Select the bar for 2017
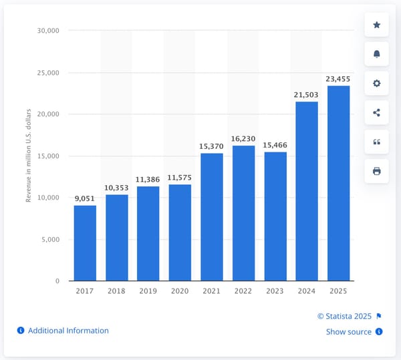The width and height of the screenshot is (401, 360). [85, 243]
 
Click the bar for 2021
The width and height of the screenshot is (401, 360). [212, 217]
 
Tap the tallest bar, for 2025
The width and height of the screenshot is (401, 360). [338, 184]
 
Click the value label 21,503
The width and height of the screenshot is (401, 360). [306, 95]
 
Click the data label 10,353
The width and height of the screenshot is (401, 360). [116, 188]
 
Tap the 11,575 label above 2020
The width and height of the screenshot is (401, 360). [180, 178]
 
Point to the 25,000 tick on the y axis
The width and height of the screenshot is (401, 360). [47, 73]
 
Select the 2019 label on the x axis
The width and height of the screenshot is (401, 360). [148, 291]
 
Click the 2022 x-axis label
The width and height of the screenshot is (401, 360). [243, 291]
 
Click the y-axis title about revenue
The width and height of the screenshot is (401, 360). [29, 156]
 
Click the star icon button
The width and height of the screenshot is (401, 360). [376, 25]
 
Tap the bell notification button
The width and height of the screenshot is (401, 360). [376, 54]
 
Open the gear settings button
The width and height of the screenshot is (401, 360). [376, 83]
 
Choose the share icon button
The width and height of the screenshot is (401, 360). [376, 113]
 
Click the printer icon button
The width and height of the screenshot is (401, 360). [376, 171]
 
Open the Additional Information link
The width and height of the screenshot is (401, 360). [68, 331]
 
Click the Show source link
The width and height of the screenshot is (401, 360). [349, 332]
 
